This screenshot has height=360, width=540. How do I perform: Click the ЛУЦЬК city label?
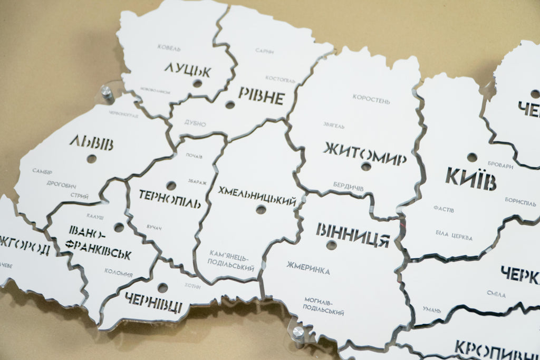pos(187,70)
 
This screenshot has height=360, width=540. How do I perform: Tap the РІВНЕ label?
pos(261,96)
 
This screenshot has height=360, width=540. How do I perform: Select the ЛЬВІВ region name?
pos(91,142)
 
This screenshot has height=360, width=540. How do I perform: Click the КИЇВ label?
pos(471,178)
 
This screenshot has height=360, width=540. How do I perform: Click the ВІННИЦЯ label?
pos(353,235)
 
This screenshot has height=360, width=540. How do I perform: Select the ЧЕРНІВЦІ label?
pos(154,302)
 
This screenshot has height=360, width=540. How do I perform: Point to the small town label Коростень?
pos(371,99)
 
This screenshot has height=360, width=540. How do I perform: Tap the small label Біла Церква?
pos(454,235)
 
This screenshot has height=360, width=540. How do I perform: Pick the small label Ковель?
pos(169,48)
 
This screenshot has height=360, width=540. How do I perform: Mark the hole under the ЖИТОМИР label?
pos(366,167)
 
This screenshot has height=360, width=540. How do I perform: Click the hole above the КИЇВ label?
pos(472,157)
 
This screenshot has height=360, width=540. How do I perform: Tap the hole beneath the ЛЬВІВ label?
pos(92,159)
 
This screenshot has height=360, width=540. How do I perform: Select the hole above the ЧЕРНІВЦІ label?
pos(162,288)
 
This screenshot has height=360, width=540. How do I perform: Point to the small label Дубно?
pos(195,124)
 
